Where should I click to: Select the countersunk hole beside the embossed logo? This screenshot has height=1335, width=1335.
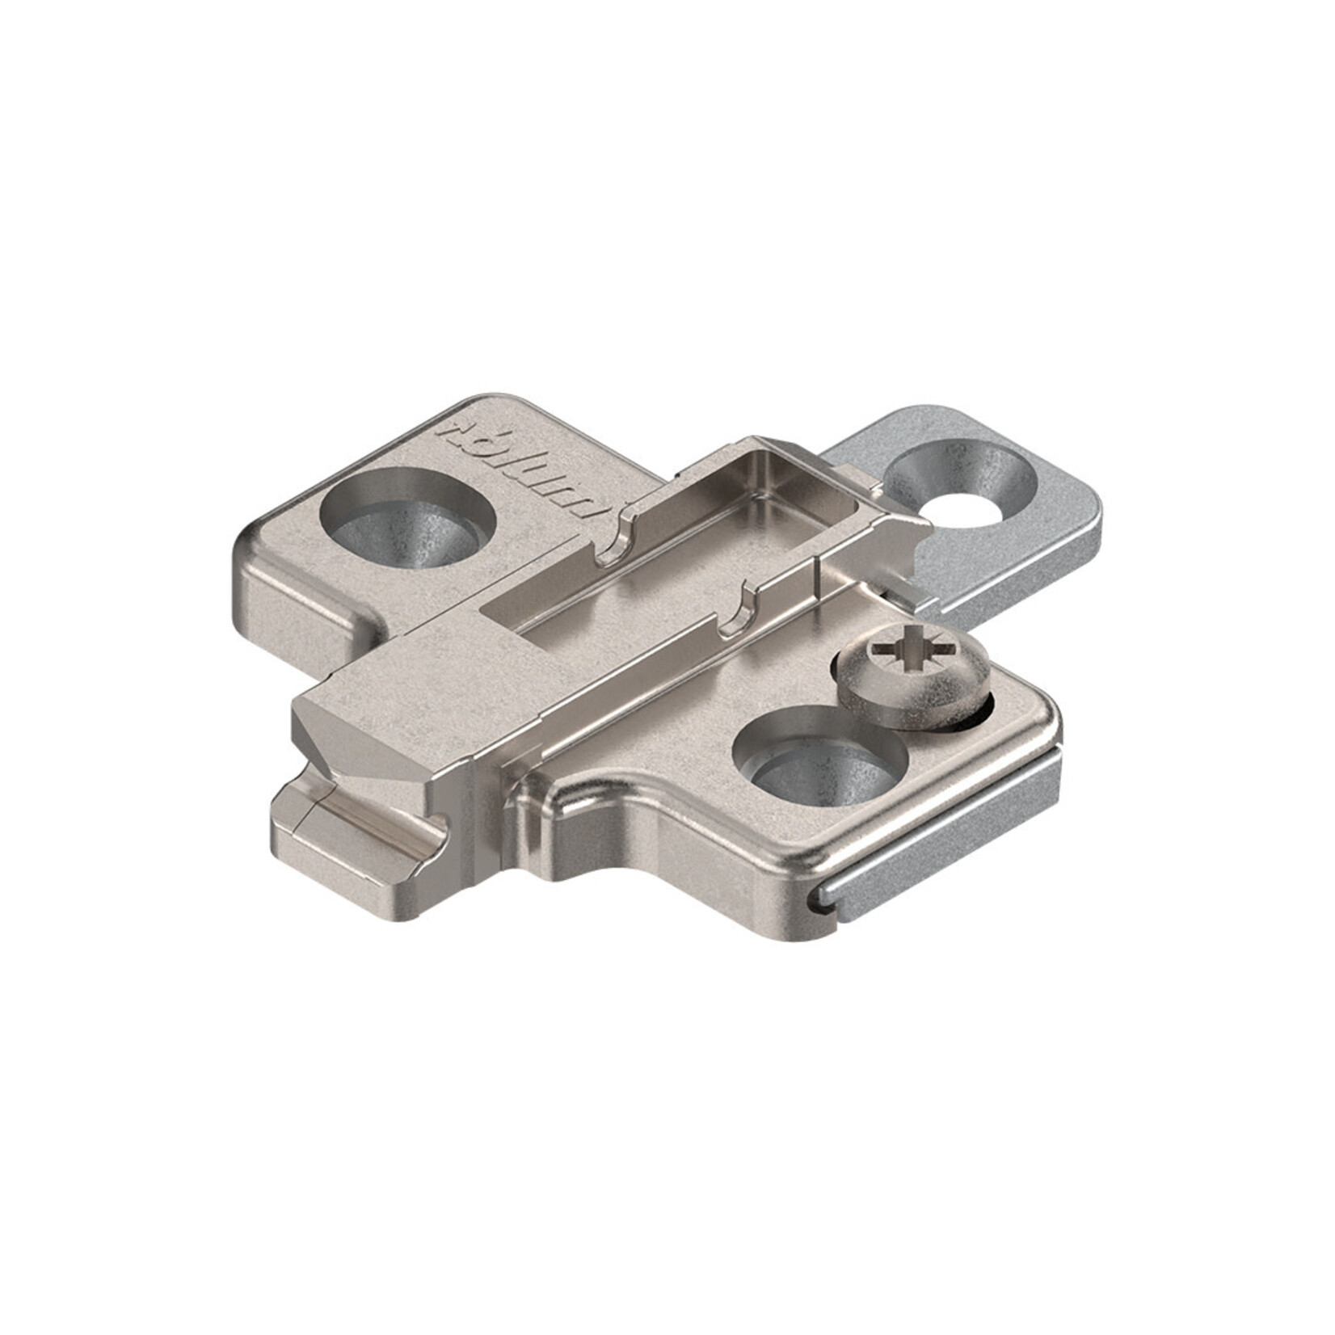(408, 518)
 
